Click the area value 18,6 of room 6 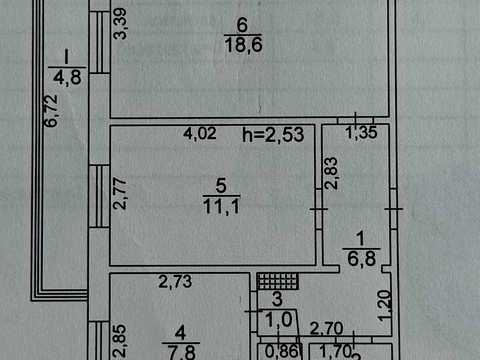point(243,44)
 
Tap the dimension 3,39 point(120,24)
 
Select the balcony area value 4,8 point(67,78)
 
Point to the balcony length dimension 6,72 point(51,111)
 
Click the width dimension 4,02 point(200,133)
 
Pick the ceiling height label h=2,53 point(273,135)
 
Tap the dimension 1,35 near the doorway point(361,133)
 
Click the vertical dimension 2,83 point(332,173)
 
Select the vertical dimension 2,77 point(120,194)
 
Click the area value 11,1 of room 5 point(222,206)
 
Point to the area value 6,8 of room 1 point(362,258)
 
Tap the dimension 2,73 point(175,282)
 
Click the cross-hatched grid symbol point(277,281)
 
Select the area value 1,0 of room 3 point(279,320)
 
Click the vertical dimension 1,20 point(385,306)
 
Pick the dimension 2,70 point(326,329)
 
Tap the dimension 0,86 point(281,351)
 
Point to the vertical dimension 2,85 point(119,341)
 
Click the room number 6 point(242,25)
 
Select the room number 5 point(221,186)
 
